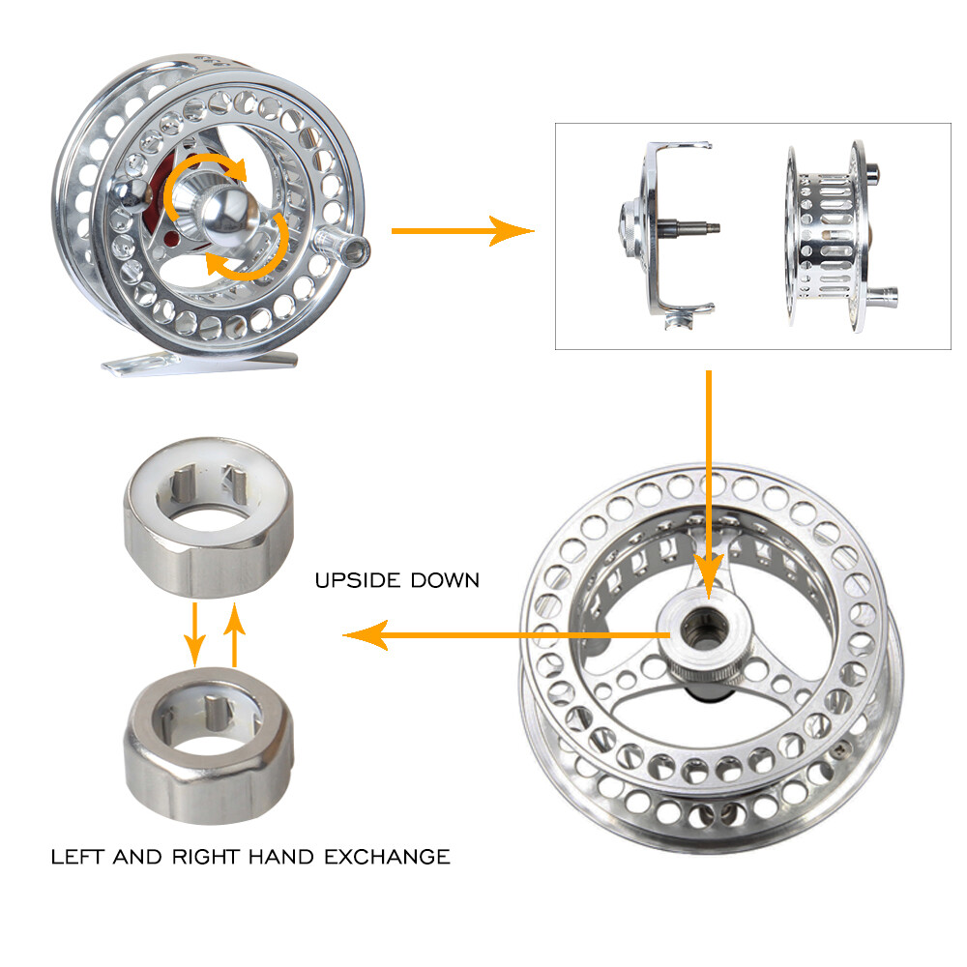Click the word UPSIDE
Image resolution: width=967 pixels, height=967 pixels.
(x=358, y=580)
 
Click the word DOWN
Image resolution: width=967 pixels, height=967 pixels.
(x=445, y=580)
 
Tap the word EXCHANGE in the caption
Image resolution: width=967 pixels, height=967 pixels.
(x=388, y=857)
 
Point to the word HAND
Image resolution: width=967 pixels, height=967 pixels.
(x=281, y=857)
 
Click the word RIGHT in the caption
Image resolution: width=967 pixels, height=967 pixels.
(x=205, y=857)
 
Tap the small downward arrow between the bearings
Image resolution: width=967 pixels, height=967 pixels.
(x=195, y=634)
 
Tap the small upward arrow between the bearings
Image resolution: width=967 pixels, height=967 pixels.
(x=234, y=634)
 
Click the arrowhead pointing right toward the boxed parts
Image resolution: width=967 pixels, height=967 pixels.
(x=511, y=231)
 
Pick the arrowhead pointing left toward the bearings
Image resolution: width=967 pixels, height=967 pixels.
(x=366, y=635)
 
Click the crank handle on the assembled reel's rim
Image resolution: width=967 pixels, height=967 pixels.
(x=342, y=245)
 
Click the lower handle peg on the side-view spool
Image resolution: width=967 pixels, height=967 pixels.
(x=883, y=298)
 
